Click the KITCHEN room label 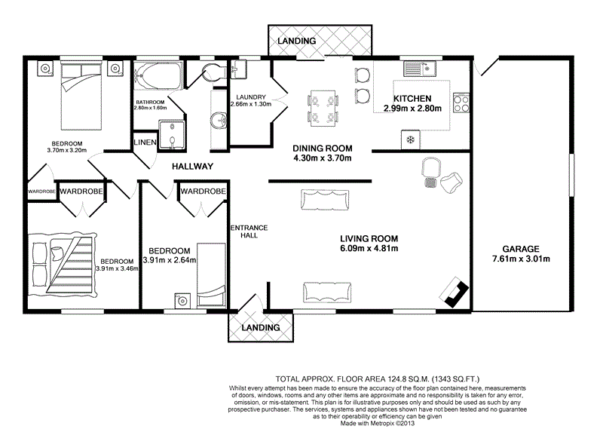point(412,99)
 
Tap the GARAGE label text point(521,249)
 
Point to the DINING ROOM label point(323,148)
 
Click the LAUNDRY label point(249,97)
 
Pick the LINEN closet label point(144,142)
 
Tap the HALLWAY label point(193,167)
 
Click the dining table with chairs point(323,106)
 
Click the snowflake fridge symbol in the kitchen point(410,139)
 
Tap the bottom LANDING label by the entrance point(261,328)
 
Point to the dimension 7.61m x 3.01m point(521,259)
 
